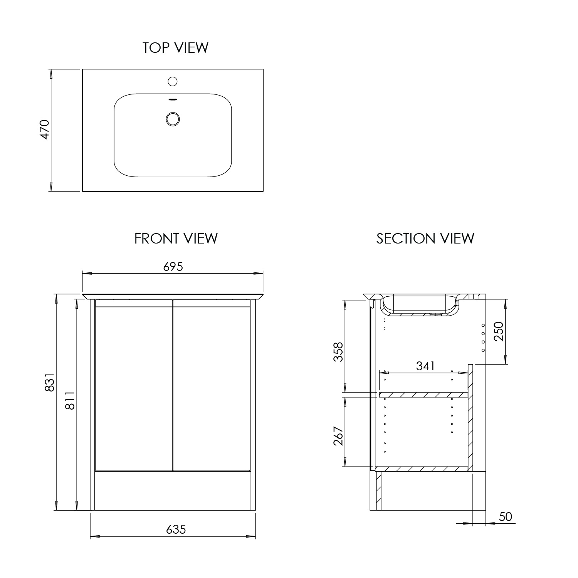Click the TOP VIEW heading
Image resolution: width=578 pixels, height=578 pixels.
point(175,48)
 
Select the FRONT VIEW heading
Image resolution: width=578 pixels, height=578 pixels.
point(176,239)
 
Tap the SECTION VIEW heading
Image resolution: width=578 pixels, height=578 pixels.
point(425,239)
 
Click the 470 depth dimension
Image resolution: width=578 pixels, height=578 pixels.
point(45,129)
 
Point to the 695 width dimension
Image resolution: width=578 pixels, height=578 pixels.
point(173,267)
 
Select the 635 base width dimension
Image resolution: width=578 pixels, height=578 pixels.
point(176,529)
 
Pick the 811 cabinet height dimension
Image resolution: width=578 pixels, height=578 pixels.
point(70,400)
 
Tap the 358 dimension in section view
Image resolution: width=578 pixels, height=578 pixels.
point(338,352)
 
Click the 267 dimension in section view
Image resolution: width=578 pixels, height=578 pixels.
point(338,436)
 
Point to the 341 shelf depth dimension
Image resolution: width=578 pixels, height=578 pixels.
point(425,366)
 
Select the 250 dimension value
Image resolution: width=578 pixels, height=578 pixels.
point(498,331)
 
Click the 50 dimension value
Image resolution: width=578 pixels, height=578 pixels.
point(505,516)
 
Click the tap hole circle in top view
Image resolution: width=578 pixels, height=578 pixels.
point(173,81)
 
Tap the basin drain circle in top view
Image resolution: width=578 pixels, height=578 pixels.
point(173,119)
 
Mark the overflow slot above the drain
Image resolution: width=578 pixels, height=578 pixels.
point(173,99)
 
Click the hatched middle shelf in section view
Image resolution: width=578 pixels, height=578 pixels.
point(423,395)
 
